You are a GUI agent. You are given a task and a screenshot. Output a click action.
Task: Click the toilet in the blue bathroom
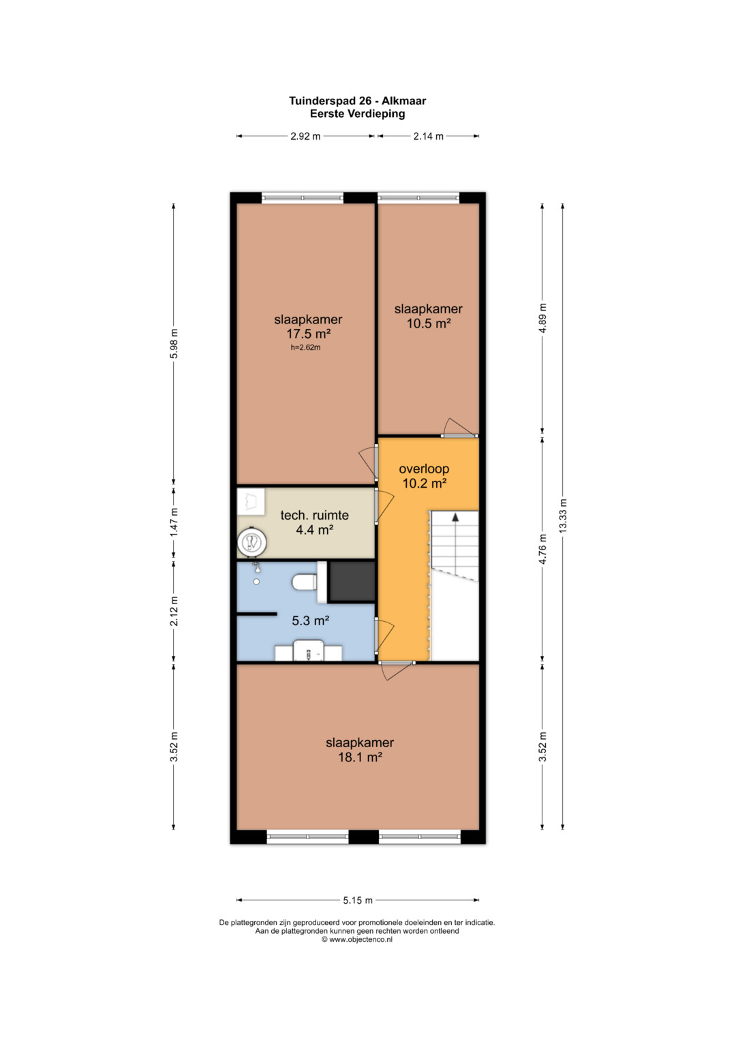click(x=305, y=582)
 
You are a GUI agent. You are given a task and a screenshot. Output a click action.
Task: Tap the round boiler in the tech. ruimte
click(x=251, y=541)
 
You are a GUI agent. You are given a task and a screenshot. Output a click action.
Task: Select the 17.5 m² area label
click(x=308, y=334)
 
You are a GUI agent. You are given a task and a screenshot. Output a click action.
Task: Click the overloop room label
click(x=424, y=469)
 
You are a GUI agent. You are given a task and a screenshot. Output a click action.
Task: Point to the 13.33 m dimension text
click(x=563, y=516)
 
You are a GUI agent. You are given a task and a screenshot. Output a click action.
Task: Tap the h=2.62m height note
click(x=305, y=347)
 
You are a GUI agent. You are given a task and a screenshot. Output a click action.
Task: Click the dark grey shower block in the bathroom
click(x=352, y=582)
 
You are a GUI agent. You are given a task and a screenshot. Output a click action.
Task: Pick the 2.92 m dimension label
click(x=305, y=136)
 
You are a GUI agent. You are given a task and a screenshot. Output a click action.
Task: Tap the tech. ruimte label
click(x=314, y=515)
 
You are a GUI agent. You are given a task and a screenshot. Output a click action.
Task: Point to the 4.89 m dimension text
click(x=542, y=318)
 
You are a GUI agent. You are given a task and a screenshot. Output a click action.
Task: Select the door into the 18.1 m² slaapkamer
click(x=397, y=669)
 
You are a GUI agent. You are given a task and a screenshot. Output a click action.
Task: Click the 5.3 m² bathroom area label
click(x=310, y=620)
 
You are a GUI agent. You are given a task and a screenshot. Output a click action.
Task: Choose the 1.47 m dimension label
click(x=174, y=522)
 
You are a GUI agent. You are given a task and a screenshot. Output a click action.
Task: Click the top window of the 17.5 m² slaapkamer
click(x=303, y=198)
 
